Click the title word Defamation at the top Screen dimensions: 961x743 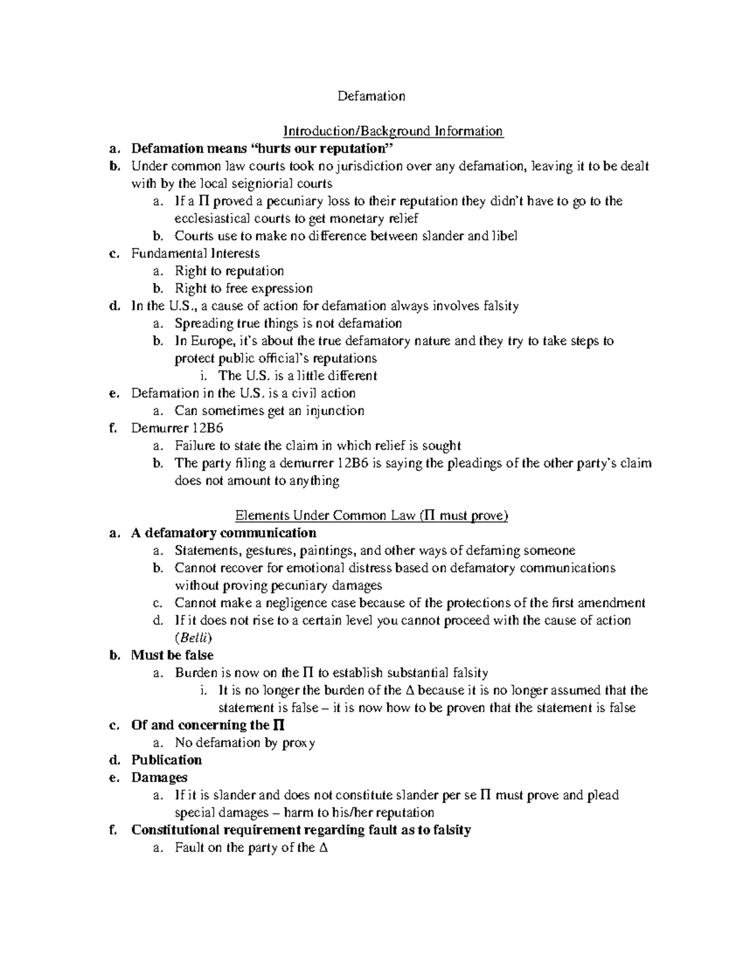371,96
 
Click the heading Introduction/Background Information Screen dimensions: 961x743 393,131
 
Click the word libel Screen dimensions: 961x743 504,236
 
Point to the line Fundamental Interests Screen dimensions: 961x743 195,253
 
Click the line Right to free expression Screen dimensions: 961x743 243,288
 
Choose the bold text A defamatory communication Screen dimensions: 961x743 224,533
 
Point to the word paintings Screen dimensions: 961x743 328,551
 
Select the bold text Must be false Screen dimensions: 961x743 172,655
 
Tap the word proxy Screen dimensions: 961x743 298,743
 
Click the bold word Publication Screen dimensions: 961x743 167,761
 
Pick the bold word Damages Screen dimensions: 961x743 159,778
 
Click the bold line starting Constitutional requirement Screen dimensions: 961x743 301,830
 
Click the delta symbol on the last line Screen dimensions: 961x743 322,848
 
